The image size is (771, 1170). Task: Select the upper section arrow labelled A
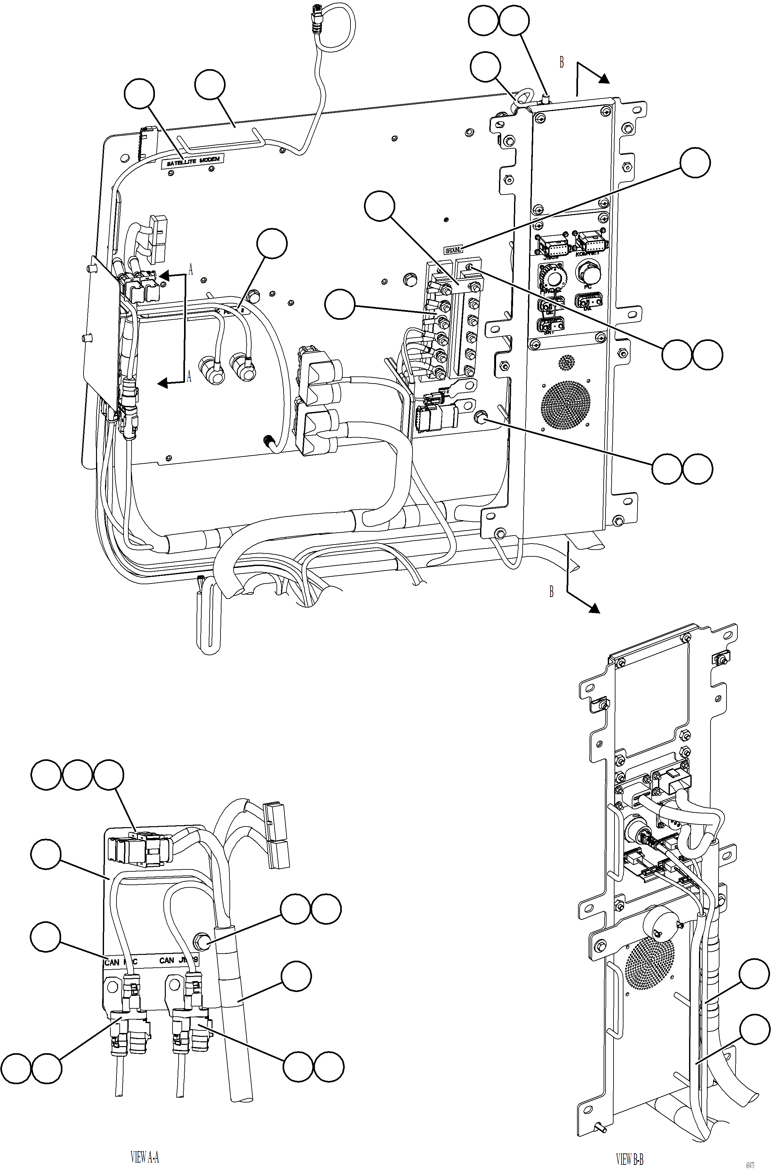click(x=164, y=276)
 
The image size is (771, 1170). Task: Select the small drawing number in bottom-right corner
click(x=750, y=1165)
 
